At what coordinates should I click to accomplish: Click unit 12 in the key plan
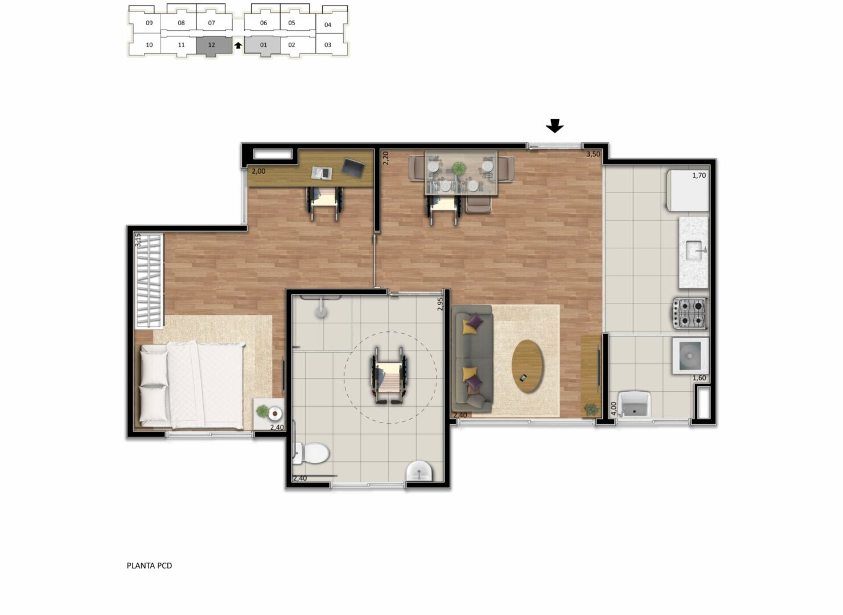(x=214, y=46)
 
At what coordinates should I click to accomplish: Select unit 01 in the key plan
(x=262, y=46)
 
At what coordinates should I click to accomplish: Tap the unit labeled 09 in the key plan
(x=149, y=23)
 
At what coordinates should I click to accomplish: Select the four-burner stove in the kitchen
(x=690, y=313)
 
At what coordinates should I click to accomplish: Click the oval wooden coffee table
(x=528, y=367)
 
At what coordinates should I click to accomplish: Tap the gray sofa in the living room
(x=472, y=359)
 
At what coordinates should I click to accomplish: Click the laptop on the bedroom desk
(x=353, y=167)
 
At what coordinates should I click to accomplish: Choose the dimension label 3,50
(x=593, y=154)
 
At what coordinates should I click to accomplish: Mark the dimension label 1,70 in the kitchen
(x=699, y=175)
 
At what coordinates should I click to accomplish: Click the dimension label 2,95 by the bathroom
(x=440, y=304)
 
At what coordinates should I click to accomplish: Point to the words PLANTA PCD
(x=149, y=565)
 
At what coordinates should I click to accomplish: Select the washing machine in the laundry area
(x=690, y=356)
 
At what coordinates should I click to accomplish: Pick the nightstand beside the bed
(x=269, y=413)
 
